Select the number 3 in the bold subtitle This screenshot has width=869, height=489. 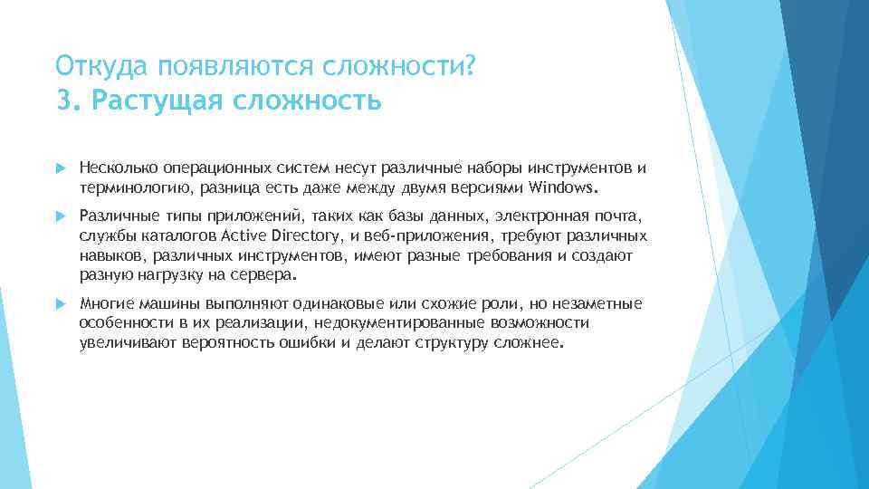(62, 100)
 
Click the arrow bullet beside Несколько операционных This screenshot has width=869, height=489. (61, 168)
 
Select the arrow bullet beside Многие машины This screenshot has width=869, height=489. (61, 302)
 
